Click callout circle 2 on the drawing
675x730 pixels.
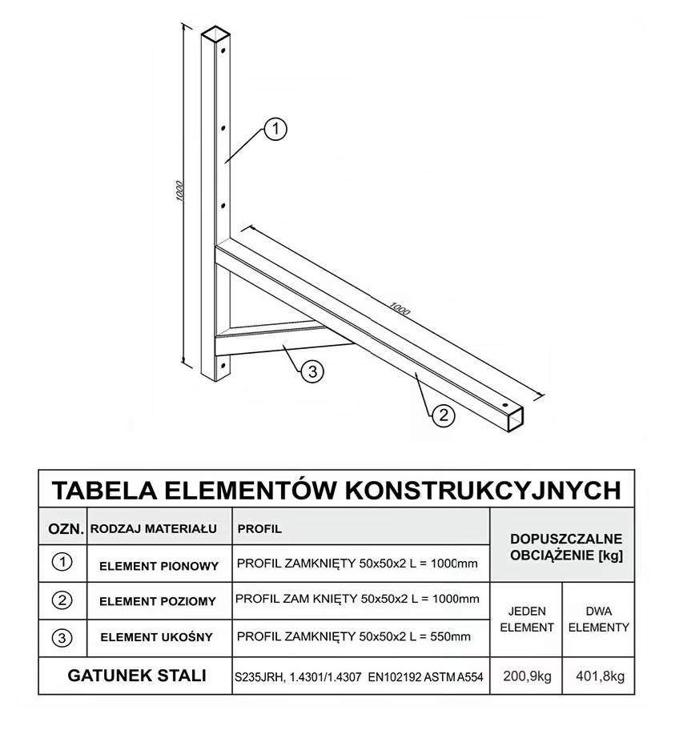click(444, 414)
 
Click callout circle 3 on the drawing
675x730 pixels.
click(312, 371)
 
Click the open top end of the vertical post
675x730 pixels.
click(215, 35)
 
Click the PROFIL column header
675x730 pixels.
click(259, 529)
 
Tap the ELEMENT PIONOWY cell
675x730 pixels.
click(159, 566)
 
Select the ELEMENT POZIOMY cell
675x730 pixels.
click(158, 601)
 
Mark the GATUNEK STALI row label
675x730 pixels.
click(137, 676)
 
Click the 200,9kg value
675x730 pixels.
click(527, 676)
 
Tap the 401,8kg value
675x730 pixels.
click(599, 676)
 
